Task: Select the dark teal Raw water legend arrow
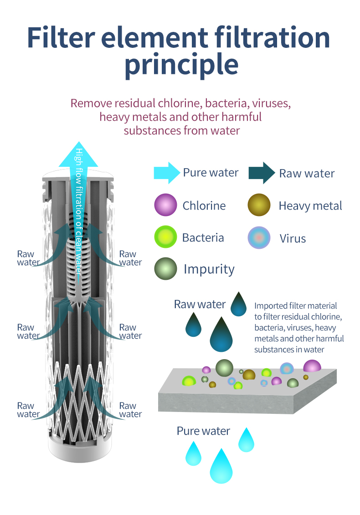click(x=262, y=173)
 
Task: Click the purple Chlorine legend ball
click(x=165, y=205)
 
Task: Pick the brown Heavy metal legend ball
click(x=259, y=205)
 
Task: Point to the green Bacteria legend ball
click(x=165, y=237)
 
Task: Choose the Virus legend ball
click(x=259, y=238)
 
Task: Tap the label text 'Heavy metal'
click(x=310, y=206)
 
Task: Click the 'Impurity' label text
click(x=209, y=269)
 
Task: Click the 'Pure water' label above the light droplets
click(x=203, y=431)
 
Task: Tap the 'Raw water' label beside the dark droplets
click(x=200, y=304)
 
